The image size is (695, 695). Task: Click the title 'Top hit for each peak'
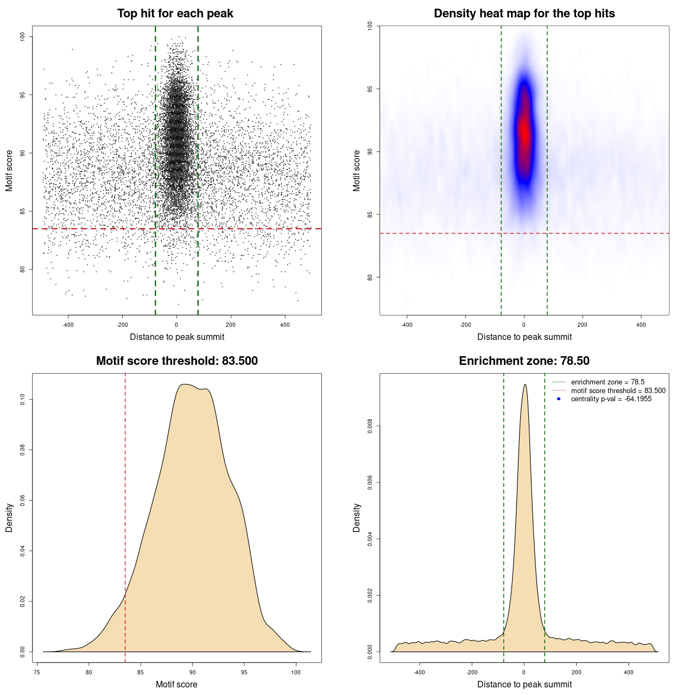[175, 14]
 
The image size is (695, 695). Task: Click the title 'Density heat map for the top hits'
[524, 14]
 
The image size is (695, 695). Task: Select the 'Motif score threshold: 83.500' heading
[176, 361]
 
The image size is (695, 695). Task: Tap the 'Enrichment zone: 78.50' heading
[524, 361]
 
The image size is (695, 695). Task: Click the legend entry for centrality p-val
[611, 399]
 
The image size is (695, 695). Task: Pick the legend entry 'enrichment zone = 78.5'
[608, 382]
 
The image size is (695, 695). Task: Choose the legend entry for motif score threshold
[618, 391]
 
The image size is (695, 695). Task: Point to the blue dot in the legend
[559, 399]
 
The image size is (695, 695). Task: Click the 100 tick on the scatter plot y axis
[23, 36]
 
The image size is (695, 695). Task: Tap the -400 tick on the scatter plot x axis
[68, 325]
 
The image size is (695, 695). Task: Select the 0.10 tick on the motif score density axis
[23, 400]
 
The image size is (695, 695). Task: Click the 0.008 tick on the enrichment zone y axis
[370, 426]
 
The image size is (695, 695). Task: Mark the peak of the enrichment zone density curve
[525, 385]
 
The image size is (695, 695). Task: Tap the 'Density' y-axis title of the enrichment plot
[357, 517]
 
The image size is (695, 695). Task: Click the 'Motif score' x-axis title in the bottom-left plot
[176, 684]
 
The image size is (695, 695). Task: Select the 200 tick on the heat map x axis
[583, 325]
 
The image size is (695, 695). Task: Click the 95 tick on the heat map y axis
[370, 89]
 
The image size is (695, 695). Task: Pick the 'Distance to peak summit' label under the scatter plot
[177, 337]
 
